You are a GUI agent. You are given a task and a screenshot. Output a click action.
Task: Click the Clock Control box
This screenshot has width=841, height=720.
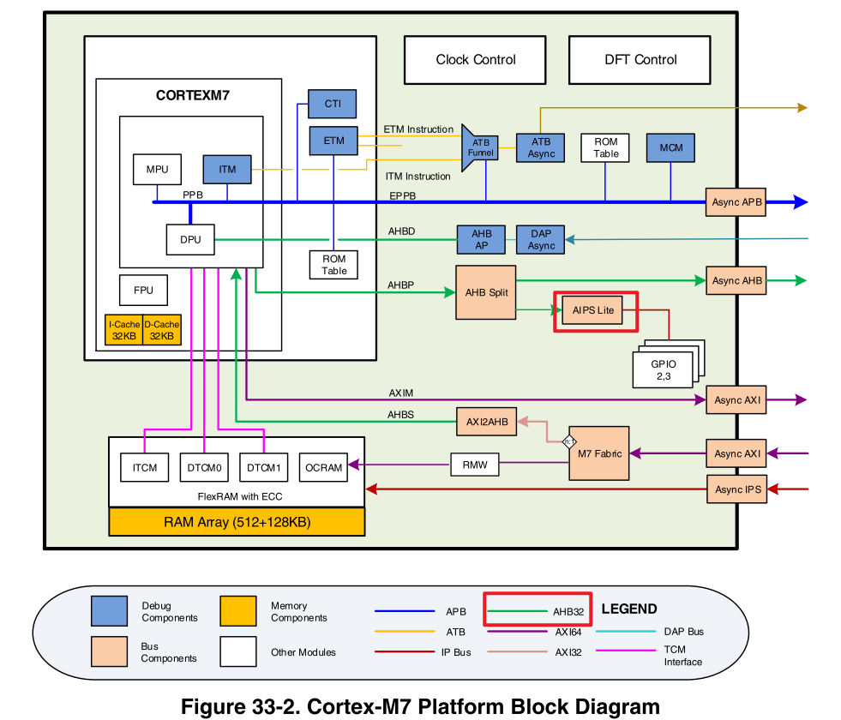[475, 60]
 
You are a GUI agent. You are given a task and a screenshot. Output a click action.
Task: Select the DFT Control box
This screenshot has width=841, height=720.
[640, 60]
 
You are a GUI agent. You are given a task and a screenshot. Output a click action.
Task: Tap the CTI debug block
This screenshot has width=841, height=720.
[332, 104]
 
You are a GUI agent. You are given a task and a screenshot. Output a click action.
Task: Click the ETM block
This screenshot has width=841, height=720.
[333, 141]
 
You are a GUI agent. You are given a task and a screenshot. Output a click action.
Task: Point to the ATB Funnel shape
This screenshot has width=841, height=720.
[479, 147]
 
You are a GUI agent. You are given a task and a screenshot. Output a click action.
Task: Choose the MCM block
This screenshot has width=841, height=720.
[670, 147]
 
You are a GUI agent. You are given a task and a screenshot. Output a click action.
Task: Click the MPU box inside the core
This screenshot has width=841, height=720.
[157, 170]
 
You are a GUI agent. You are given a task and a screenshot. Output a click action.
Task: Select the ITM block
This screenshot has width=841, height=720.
[226, 170]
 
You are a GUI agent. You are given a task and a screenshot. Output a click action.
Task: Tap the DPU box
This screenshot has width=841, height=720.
[190, 239]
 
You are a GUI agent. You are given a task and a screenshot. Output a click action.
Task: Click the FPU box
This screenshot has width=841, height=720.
[143, 290]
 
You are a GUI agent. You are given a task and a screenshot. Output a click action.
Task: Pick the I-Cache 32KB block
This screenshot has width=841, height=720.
[123, 331]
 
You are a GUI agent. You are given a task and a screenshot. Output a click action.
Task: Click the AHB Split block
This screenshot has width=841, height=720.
[486, 292]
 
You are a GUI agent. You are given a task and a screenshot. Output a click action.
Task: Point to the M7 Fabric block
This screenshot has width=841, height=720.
[598, 453]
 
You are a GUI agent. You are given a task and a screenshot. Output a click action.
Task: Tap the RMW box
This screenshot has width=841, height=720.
[474, 465]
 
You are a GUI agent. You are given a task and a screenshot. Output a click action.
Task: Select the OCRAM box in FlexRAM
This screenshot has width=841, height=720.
[323, 468]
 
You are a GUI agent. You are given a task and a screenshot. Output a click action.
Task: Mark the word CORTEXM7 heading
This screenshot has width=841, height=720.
[193, 96]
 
